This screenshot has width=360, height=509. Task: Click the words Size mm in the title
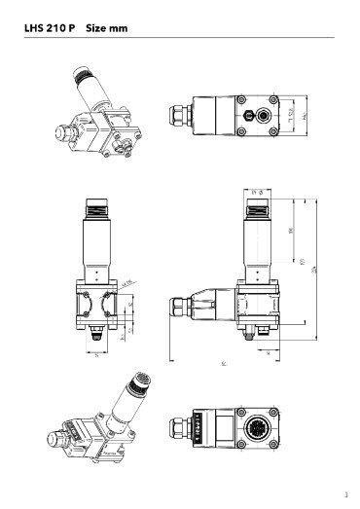coord(108,29)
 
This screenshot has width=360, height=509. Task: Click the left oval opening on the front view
coord(84,301)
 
